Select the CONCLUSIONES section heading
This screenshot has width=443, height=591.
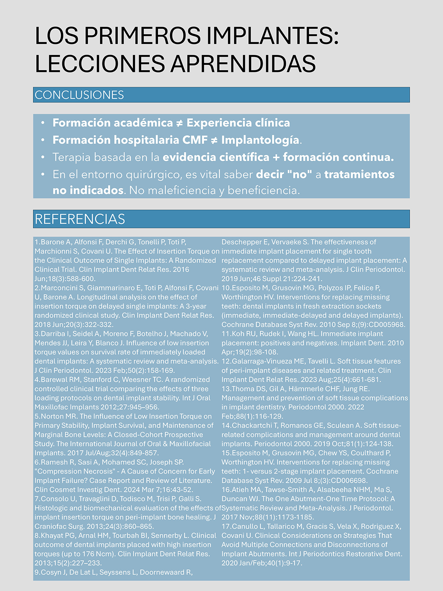pos(79,95)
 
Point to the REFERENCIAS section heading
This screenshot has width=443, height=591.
pos(80,219)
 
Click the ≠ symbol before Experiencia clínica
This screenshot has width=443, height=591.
pos(180,123)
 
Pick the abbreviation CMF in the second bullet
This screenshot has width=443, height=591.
pos(195,140)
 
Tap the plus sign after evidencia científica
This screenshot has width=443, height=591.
pos(276,157)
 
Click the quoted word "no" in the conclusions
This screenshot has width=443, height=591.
pos(300,174)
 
